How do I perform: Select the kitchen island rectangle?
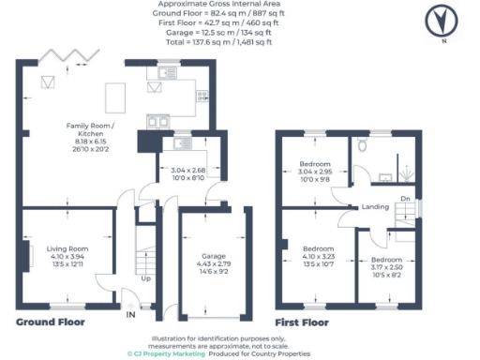tap(116, 96)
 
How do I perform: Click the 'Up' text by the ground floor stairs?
tap(144, 278)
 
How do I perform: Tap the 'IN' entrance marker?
tap(130, 316)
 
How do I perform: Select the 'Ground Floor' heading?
tap(51, 322)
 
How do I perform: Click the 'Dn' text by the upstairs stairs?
tap(404, 199)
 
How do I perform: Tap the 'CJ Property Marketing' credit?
tap(165, 353)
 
